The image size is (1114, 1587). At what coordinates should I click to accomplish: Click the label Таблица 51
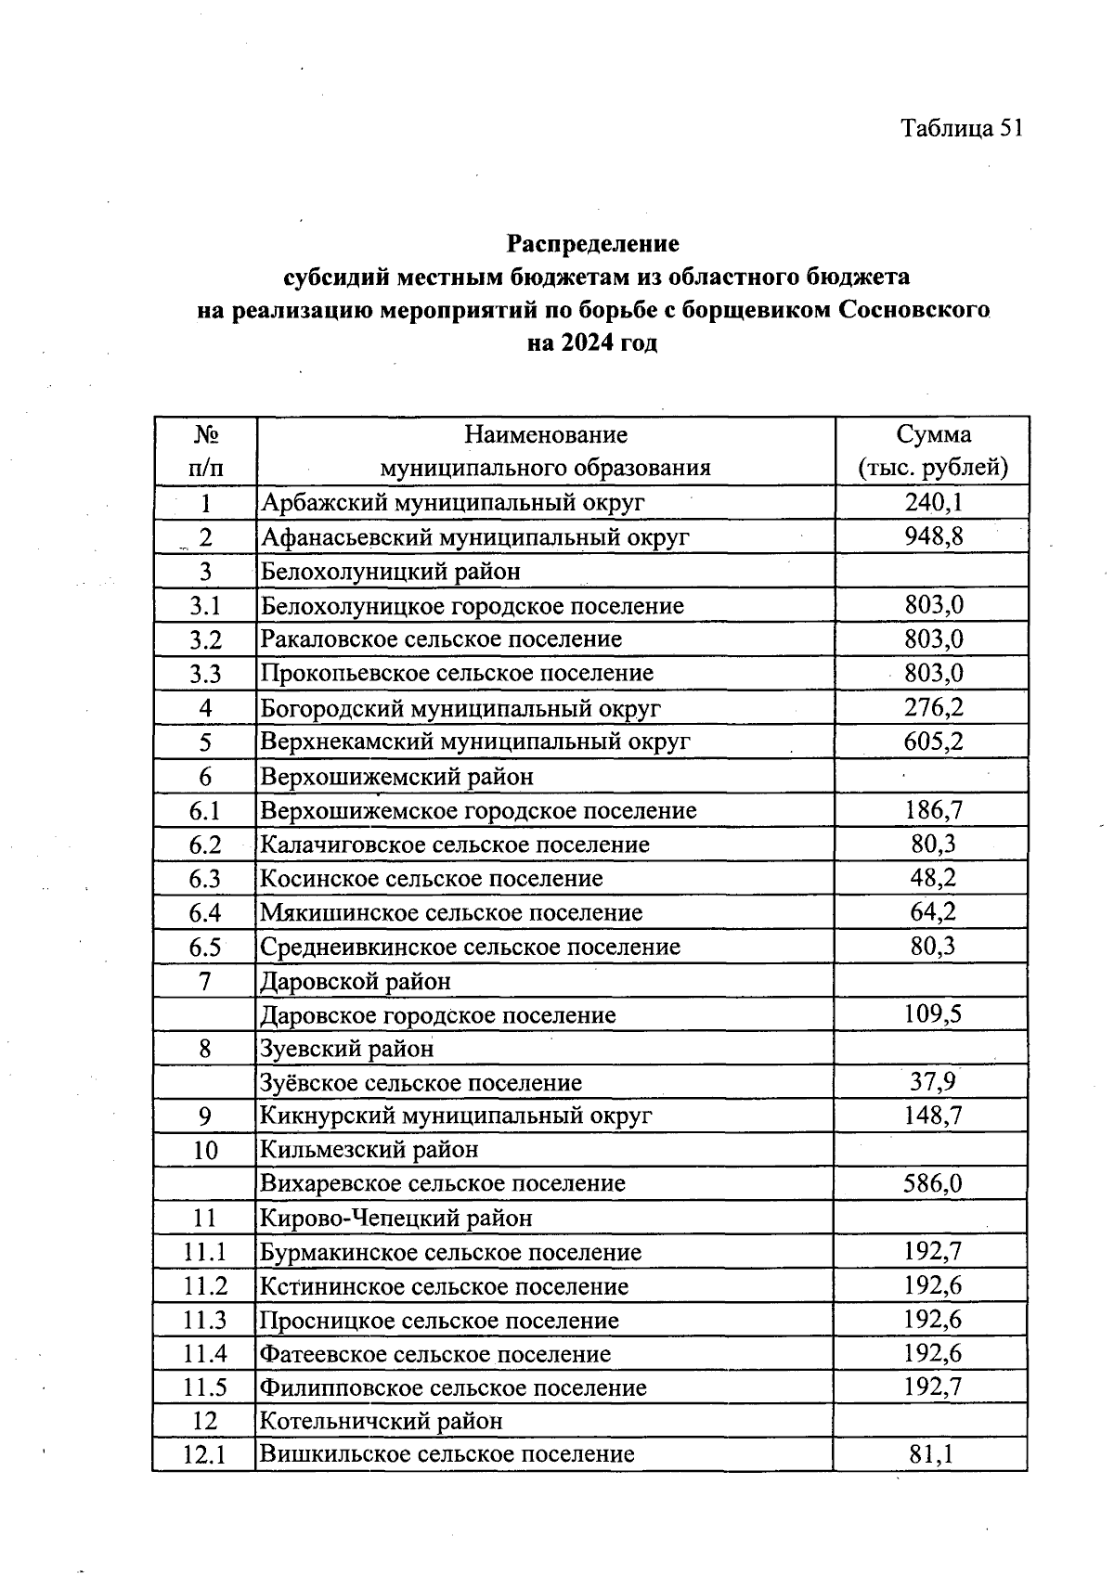point(961,128)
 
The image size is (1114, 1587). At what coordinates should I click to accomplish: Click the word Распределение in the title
point(592,244)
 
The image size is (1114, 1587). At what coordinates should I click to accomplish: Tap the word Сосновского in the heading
point(913,309)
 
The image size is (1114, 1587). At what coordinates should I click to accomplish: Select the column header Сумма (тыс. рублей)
point(933,450)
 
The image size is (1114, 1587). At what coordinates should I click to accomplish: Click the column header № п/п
point(205,450)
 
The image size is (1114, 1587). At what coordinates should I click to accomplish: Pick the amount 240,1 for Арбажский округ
point(933,502)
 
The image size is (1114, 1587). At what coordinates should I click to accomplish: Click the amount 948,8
point(933,536)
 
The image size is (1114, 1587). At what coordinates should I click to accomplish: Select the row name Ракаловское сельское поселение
point(441,639)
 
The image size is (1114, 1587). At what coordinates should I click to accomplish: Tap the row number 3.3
point(205,674)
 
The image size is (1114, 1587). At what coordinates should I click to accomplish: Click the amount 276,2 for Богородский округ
point(933,708)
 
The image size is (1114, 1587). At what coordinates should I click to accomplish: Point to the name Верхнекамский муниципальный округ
point(475,742)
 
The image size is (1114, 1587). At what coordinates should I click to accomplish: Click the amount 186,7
point(933,810)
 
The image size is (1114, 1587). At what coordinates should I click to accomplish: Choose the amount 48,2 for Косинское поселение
point(933,878)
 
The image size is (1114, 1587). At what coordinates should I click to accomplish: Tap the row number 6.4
point(205,912)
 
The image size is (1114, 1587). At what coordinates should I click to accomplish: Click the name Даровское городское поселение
point(437,1014)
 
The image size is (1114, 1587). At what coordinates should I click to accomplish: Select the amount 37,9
point(933,1082)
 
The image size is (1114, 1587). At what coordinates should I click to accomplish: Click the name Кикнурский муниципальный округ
point(456,1116)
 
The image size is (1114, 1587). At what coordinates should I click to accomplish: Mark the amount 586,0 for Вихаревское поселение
point(933,1183)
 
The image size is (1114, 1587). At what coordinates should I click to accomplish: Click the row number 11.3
point(205,1320)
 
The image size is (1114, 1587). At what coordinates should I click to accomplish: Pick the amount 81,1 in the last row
point(933,1455)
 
